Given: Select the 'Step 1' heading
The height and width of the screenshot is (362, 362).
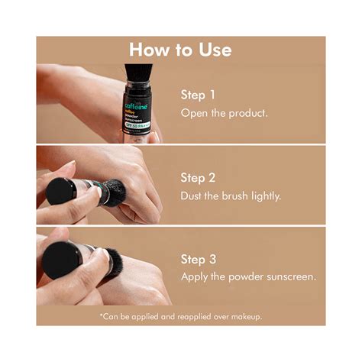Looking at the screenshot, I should [x=198, y=95].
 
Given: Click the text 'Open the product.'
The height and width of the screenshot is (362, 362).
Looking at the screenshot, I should [x=224, y=112].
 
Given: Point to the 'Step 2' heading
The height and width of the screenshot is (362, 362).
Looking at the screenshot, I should [x=198, y=177].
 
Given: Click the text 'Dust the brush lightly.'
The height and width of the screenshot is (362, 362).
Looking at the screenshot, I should [x=231, y=195].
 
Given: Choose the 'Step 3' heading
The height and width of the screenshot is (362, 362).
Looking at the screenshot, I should [x=198, y=258].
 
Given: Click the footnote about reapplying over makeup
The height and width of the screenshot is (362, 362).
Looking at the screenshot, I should [x=180, y=315].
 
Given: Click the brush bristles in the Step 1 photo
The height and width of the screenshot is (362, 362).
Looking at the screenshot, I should [x=137, y=72].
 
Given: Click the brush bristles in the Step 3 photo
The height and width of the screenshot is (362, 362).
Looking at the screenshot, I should [x=114, y=262].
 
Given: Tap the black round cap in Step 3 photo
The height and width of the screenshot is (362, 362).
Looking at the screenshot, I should [x=60, y=260].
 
